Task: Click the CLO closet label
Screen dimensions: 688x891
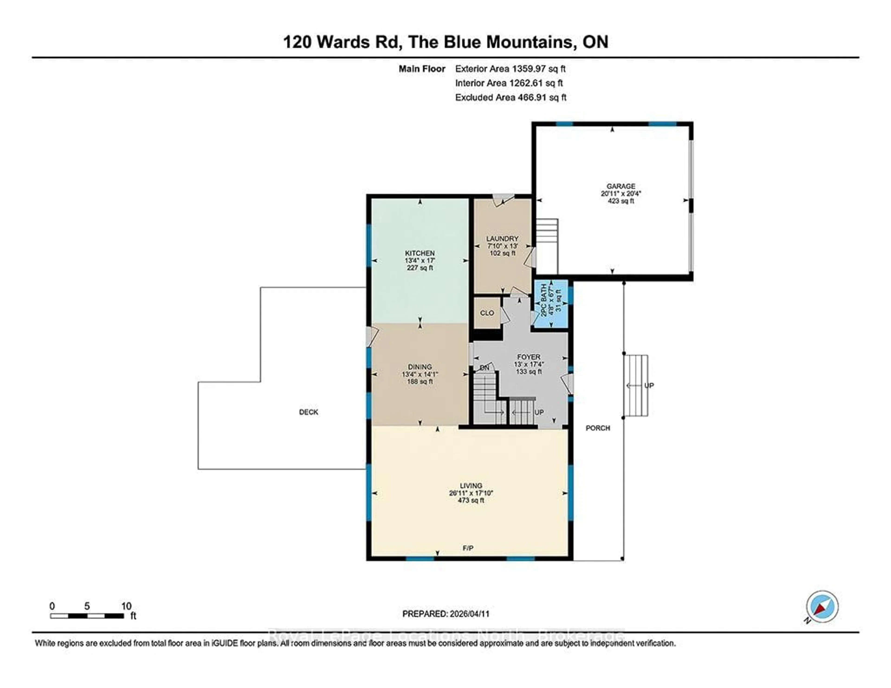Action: point(487,313)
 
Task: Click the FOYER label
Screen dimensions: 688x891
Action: point(529,357)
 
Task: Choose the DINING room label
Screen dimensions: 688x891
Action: point(420,367)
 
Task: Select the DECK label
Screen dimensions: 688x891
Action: point(308,412)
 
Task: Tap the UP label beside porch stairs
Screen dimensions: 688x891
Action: point(649,385)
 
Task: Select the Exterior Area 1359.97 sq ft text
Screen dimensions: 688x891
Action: point(510,68)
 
